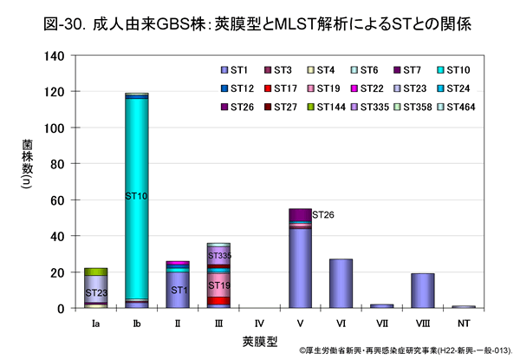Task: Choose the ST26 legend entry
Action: pos(239,107)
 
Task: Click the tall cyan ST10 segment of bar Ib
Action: pos(136,173)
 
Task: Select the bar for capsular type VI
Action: pos(341,284)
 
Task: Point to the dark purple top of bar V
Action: pos(300,214)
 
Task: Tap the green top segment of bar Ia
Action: pos(95,272)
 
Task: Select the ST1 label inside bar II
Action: pos(177,290)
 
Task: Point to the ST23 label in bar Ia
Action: pos(95,293)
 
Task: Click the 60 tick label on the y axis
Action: pos(56,200)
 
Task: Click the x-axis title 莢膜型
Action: pos(258,341)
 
